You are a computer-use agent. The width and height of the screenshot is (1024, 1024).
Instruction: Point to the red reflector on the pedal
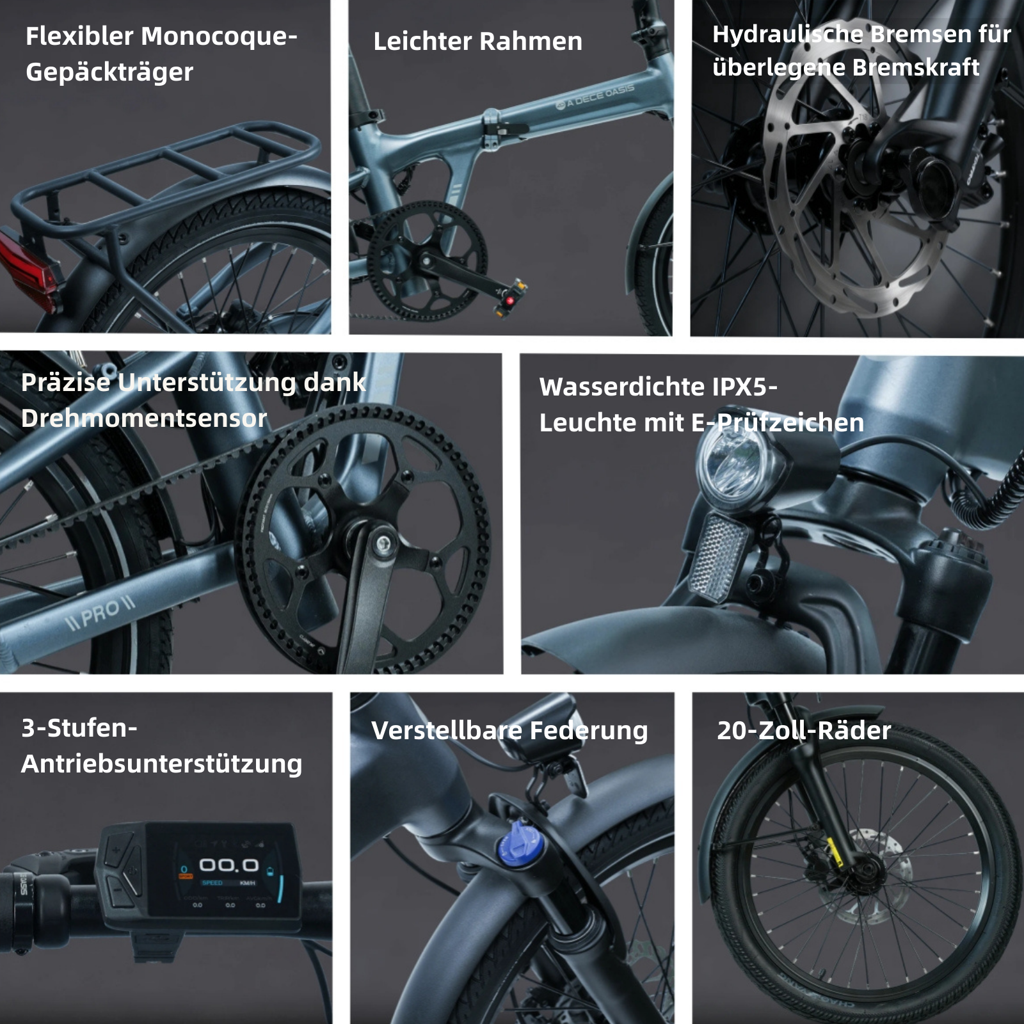[510, 300]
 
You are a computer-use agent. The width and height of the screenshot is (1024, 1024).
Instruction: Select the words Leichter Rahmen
[477, 42]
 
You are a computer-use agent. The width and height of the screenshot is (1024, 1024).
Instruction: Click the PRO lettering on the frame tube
[102, 614]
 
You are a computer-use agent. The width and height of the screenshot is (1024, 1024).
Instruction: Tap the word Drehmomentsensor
[144, 419]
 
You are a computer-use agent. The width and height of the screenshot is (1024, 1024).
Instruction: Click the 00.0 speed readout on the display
[228, 865]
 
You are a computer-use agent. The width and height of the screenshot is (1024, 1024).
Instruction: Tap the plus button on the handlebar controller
[116, 850]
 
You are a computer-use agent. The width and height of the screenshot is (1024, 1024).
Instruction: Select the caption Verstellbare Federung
[509, 730]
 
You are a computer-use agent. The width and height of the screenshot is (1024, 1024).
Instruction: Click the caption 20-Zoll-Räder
[803, 730]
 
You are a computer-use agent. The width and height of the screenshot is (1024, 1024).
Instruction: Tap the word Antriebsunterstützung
[161, 764]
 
